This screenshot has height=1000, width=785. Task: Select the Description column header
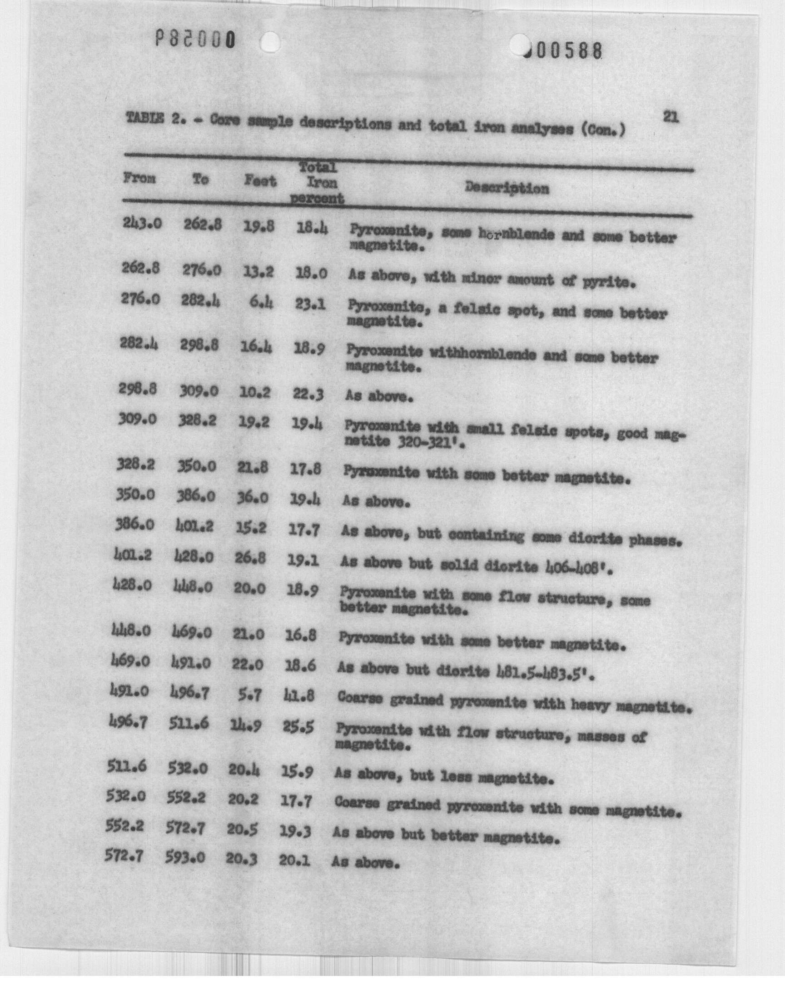click(507, 188)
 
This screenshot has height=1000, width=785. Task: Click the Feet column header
click(260, 181)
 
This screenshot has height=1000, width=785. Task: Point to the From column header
click(139, 178)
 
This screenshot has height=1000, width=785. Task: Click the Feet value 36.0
click(253, 498)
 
